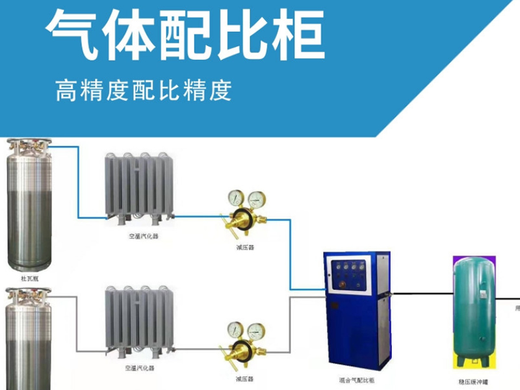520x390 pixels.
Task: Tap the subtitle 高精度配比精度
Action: click(144, 90)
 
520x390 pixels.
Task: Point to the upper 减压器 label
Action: click(245, 248)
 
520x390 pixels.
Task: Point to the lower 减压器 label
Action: click(245, 378)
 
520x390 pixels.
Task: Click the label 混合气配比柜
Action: click(358, 379)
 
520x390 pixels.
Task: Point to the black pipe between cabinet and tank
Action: click(422, 294)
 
